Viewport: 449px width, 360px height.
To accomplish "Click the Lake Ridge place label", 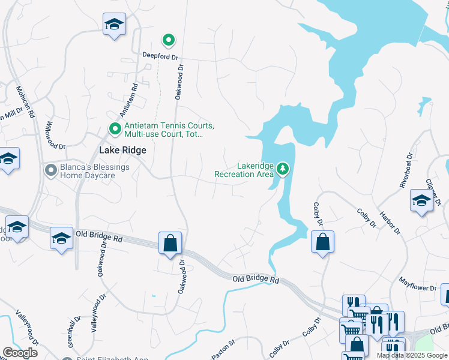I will [x=122, y=151].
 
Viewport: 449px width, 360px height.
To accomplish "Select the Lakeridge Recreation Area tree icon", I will [x=283, y=170].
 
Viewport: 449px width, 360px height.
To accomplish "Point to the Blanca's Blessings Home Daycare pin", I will [x=52, y=171].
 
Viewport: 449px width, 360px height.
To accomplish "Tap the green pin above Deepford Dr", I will [x=169, y=40].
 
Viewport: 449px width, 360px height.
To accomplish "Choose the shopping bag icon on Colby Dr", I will [x=322, y=242].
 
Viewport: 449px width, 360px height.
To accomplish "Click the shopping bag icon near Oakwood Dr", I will [x=170, y=243].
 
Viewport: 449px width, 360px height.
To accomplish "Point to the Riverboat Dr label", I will [x=406, y=171].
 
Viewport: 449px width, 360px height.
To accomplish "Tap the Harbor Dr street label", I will [x=390, y=223].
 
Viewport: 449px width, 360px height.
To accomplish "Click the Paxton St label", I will [x=223, y=350].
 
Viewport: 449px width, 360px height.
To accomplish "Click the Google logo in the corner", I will [x=20, y=352].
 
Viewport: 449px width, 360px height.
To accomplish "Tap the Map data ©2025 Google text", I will [x=411, y=355].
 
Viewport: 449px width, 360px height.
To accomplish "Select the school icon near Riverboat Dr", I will [x=421, y=202].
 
